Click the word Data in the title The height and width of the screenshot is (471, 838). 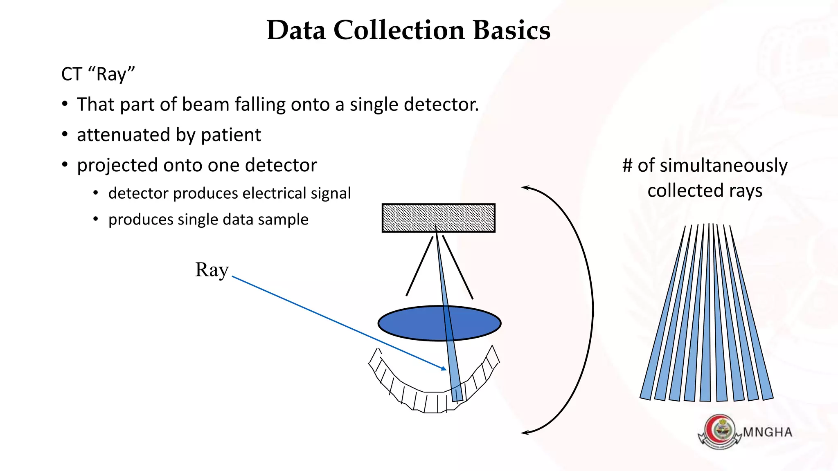click(296, 30)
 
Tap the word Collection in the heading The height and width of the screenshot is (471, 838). click(399, 30)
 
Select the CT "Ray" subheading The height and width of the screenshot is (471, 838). click(98, 74)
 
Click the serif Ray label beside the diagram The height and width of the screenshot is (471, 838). click(212, 270)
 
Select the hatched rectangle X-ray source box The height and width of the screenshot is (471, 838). click(438, 218)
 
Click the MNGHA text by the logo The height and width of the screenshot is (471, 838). click(767, 432)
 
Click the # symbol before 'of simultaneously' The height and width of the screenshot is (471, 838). click(627, 166)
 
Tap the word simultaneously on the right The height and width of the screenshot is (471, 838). click(723, 166)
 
